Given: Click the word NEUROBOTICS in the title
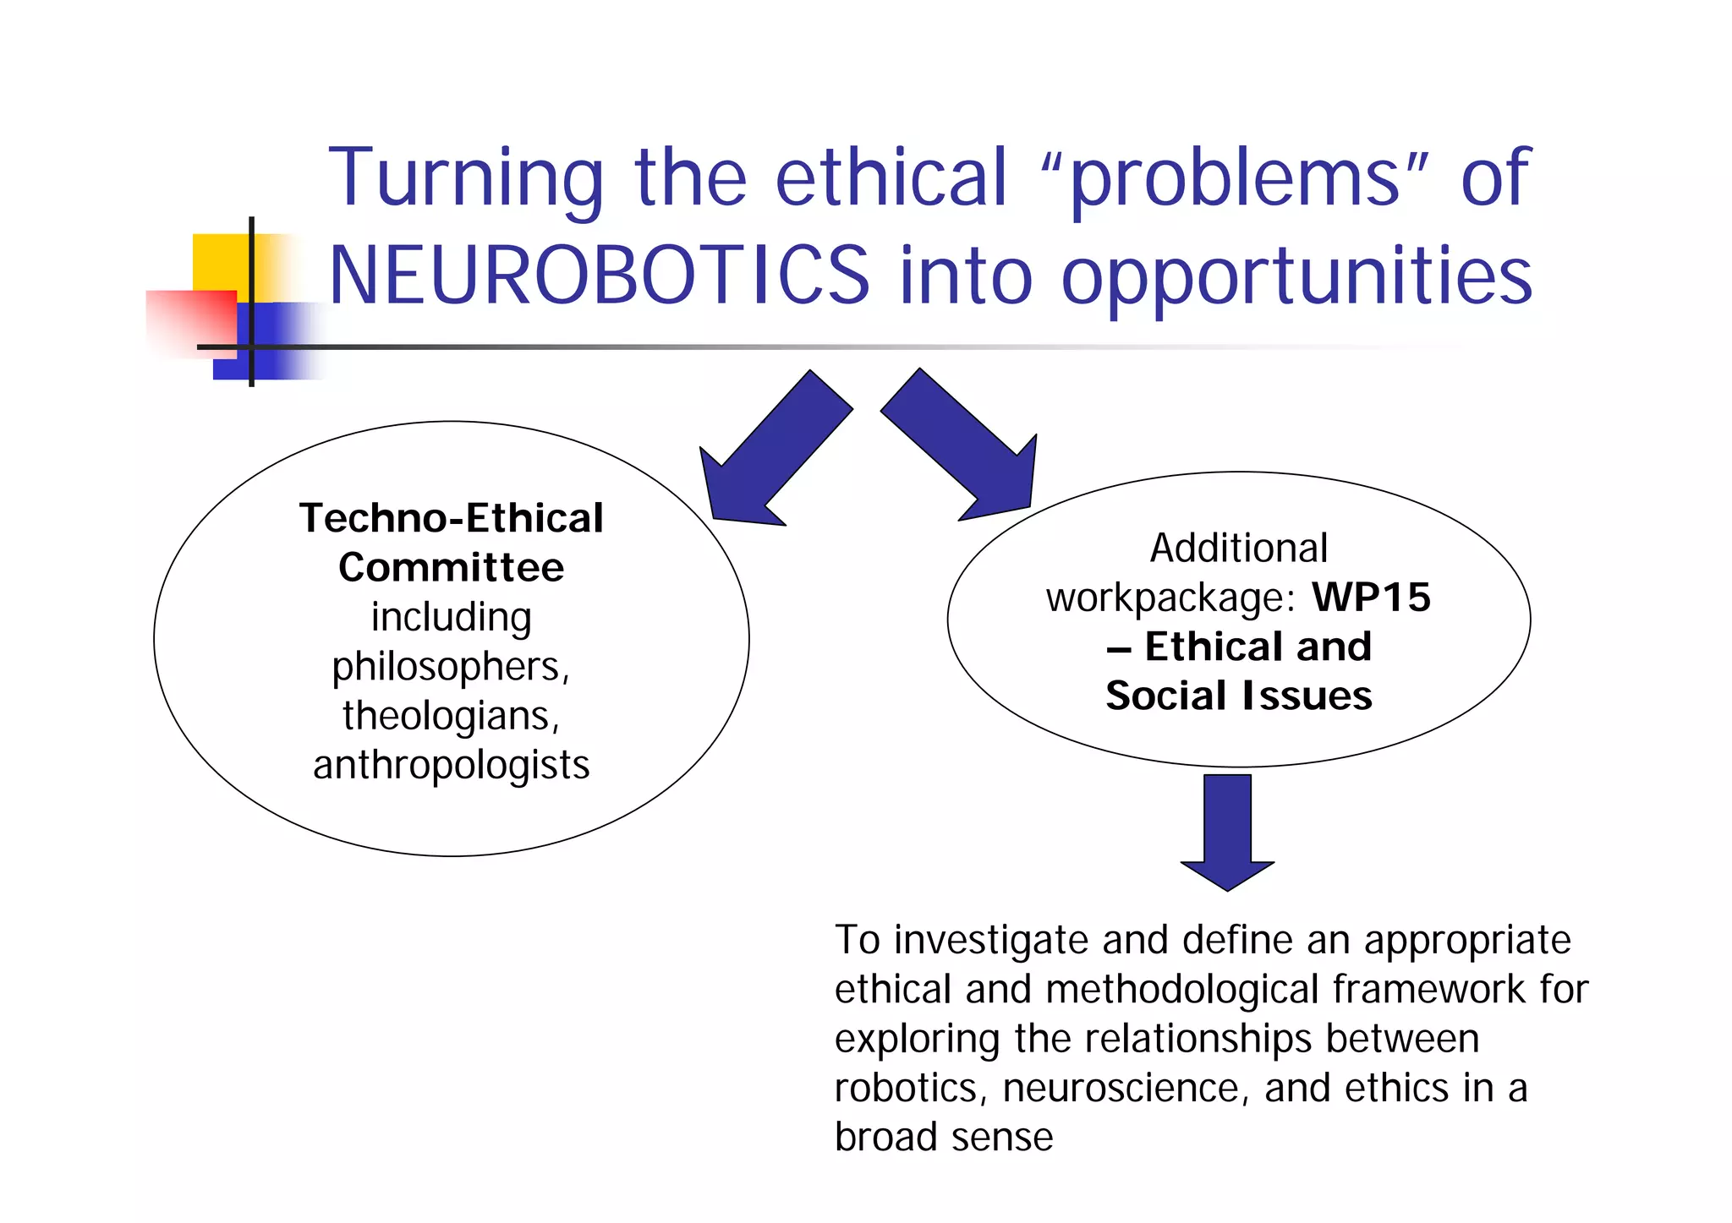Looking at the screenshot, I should (x=599, y=276).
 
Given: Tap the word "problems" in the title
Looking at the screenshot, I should (x=1234, y=179).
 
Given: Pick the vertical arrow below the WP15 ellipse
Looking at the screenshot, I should (x=1227, y=829).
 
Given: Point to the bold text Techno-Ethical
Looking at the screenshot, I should (x=452, y=518).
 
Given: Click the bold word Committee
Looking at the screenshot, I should (x=451, y=567).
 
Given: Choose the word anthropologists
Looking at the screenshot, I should (x=451, y=765).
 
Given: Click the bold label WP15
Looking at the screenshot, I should (x=1371, y=598).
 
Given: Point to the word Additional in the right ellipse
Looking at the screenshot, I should (x=1239, y=549).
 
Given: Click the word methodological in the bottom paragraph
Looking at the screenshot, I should (x=1182, y=990).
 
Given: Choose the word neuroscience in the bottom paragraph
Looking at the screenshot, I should (x=1123, y=1089).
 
